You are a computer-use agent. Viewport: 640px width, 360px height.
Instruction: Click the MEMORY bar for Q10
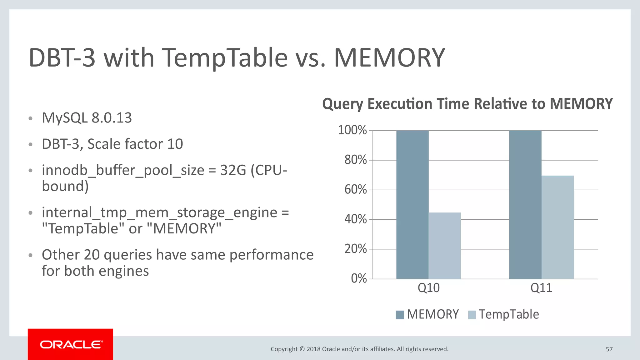point(412,205)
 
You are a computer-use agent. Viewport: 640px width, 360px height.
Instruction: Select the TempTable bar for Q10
point(444,246)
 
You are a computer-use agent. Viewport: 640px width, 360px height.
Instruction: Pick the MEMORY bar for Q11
point(525,205)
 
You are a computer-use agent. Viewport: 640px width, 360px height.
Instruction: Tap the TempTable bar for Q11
point(557,227)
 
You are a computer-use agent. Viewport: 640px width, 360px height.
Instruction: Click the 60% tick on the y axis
point(356,190)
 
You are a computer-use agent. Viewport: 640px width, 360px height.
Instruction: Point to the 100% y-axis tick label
point(352,130)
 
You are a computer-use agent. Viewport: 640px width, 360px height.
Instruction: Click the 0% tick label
point(359,278)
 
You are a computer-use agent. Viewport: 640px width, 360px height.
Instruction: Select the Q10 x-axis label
point(428,288)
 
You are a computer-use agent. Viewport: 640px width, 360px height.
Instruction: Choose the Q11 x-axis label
point(541,288)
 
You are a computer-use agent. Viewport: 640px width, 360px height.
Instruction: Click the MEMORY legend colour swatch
point(400,315)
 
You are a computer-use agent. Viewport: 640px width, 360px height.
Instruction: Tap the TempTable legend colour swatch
point(472,315)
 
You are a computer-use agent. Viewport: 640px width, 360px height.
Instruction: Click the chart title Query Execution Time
point(467,104)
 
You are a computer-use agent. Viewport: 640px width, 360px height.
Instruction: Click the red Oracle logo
point(71,344)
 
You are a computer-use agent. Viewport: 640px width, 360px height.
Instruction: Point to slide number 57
point(609,349)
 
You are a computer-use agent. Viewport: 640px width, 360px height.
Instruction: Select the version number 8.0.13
point(112,118)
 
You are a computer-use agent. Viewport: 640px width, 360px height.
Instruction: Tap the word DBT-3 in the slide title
point(62,58)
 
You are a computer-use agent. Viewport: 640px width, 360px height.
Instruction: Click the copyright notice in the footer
point(359,349)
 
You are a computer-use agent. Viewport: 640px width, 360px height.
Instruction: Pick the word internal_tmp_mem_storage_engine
point(159,212)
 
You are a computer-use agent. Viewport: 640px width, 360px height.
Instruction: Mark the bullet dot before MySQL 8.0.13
point(30,118)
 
